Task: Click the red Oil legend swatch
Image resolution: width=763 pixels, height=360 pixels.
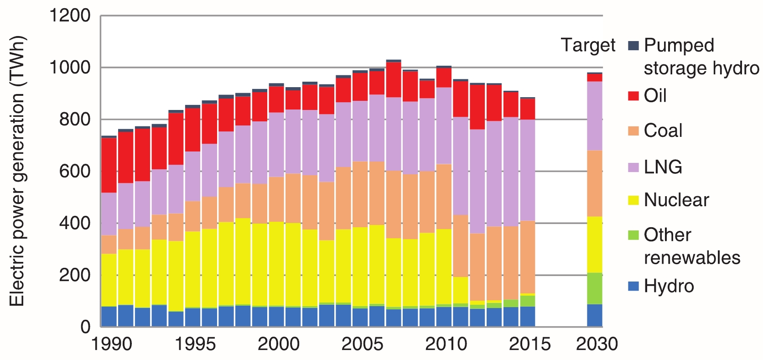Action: click(633, 96)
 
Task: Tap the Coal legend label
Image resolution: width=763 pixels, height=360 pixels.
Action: click(663, 131)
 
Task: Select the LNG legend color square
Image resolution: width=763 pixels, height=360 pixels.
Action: click(633, 167)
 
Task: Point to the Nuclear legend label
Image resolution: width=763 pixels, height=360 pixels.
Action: click(676, 200)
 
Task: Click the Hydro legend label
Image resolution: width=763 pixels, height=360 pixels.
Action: click(669, 286)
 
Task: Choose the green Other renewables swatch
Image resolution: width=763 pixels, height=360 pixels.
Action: click(633, 235)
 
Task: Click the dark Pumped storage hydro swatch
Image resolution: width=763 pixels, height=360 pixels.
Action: click(633, 46)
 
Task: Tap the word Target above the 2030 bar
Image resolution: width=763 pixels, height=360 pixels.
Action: click(588, 46)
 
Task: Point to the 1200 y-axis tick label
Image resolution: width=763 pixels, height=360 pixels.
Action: click(70, 16)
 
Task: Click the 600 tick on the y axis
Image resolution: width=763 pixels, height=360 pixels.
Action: click(75, 172)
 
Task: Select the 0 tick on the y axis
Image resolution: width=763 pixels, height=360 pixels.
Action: click(85, 327)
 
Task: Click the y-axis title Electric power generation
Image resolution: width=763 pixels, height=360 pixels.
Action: click(17, 171)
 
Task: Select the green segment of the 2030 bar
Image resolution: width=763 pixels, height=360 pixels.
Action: click(594, 288)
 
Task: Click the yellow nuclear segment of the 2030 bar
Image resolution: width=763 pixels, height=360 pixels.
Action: click(594, 245)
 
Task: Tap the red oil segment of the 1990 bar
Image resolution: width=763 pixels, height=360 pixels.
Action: click(109, 165)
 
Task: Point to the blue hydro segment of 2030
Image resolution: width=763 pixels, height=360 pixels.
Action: click(594, 315)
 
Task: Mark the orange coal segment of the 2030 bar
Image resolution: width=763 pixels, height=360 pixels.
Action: click(594, 183)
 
